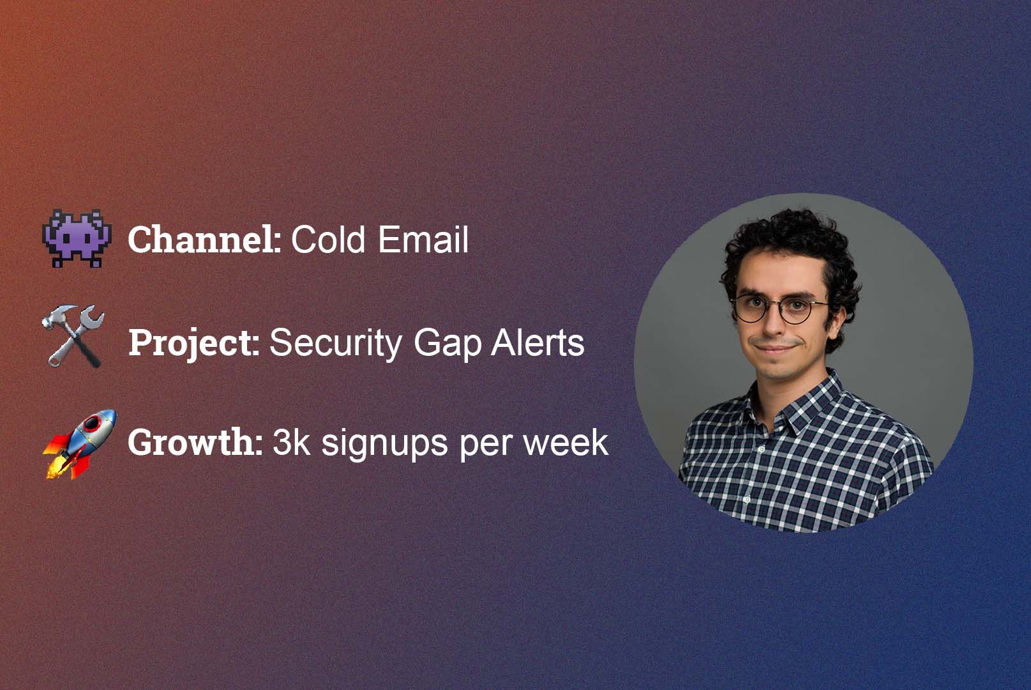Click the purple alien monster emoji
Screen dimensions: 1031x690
point(77,238)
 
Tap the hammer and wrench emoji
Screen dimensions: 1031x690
point(73,336)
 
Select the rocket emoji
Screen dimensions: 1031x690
point(80,444)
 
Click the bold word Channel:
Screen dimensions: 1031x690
point(204,240)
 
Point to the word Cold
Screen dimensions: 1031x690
point(328,240)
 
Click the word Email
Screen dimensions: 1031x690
point(423,240)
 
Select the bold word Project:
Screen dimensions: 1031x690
point(194,344)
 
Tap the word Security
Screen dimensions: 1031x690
point(336,344)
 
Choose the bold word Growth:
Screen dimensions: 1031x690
point(195,442)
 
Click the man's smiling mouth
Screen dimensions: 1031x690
point(774,349)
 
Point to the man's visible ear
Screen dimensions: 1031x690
point(836,323)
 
